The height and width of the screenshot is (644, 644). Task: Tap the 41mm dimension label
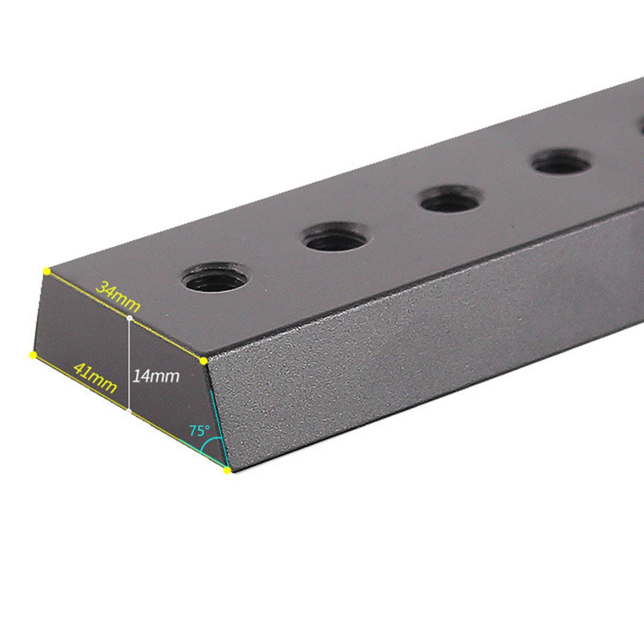point(95,377)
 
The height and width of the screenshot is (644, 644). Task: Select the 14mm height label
point(156,376)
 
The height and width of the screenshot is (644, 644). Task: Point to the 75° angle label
point(200,431)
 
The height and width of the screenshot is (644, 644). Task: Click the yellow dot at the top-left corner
point(47,271)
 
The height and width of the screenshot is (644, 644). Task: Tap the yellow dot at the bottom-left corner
point(33,355)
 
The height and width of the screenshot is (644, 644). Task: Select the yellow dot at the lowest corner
point(227,470)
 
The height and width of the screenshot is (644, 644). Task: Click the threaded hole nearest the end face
point(216,277)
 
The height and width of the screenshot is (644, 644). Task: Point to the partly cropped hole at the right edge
point(641,128)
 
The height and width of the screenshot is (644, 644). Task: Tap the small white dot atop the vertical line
point(129,318)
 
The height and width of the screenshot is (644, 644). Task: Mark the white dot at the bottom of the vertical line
point(129,411)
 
